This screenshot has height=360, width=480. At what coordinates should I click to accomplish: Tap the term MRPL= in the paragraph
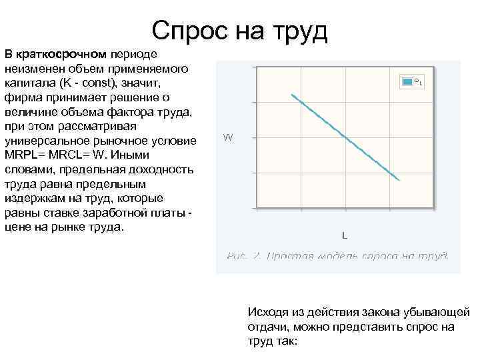pyautogui.click(x=25, y=155)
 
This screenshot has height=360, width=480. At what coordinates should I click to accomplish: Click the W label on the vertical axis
pyautogui.click(x=228, y=138)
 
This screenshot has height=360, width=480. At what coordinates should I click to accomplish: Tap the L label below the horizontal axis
pyautogui.click(x=344, y=235)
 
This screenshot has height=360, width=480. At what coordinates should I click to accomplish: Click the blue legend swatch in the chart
pyautogui.click(x=406, y=81)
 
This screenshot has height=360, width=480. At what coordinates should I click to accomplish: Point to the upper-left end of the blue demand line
pyautogui.click(x=291, y=95)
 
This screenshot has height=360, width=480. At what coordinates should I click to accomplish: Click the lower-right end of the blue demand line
pyautogui.click(x=399, y=180)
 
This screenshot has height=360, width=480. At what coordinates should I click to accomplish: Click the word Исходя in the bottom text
pyautogui.click(x=267, y=312)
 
